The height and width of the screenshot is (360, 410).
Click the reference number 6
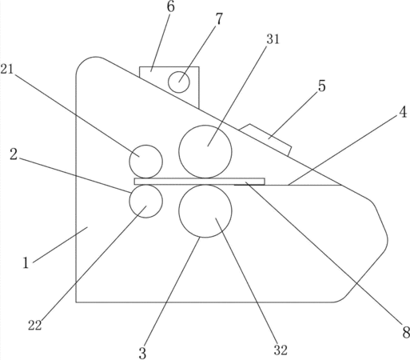pyautogui.click(x=171, y=6)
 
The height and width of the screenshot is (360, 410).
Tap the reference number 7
pyautogui.click(x=218, y=19)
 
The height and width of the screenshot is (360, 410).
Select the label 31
pyautogui.click(x=273, y=39)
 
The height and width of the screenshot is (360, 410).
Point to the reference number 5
pyautogui.click(x=322, y=86)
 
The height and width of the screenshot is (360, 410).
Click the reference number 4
pyautogui.click(x=403, y=112)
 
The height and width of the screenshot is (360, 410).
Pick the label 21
pyautogui.click(x=7, y=70)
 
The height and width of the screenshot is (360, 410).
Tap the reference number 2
pyautogui.click(x=14, y=154)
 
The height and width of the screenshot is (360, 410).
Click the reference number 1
pyautogui.click(x=26, y=263)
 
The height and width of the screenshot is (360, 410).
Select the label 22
pyautogui.click(x=35, y=326)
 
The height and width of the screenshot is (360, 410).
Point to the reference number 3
pyautogui.click(x=142, y=354)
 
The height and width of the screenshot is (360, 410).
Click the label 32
pyautogui.click(x=281, y=350)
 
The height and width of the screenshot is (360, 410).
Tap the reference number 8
pyautogui.click(x=406, y=333)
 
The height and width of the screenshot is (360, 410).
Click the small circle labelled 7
pyautogui.click(x=179, y=82)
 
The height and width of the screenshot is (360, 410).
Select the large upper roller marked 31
pyautogui.click(x=205, y=151)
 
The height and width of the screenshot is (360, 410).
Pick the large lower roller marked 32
pyautogui.click(x=205, y=211)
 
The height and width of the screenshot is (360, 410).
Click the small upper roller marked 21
pyautogui.click(x=146, y=162)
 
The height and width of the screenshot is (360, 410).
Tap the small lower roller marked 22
pyautogui.click(x=146, y=202)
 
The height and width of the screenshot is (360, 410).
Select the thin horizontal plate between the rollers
pyautogui.click(x=200, y=182)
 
